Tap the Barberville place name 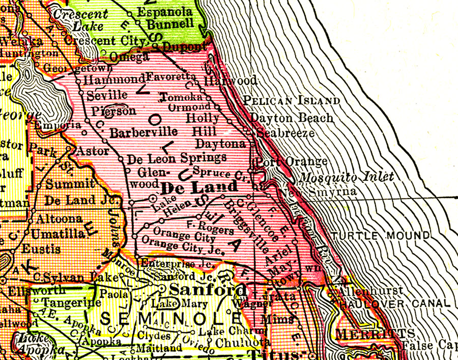144,133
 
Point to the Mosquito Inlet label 347,177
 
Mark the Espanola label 164,12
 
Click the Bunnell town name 169,24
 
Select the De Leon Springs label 177,158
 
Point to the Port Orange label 291,162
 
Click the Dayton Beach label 292,118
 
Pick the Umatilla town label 58,234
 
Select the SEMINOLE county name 170,319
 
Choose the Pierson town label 114,111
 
